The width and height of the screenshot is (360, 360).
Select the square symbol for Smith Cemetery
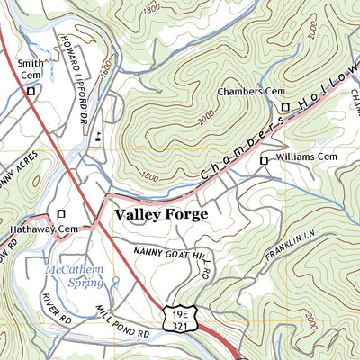(31, 91)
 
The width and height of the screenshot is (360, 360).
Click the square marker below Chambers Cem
(285, 107)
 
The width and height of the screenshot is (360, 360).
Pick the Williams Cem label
(306, 158)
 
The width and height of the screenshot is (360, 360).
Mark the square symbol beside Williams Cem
(264, 160)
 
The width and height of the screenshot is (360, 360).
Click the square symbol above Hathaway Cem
(61, 213)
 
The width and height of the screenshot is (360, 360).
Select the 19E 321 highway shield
(177, 318)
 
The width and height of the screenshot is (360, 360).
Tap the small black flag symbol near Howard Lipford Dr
(97, 135)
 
